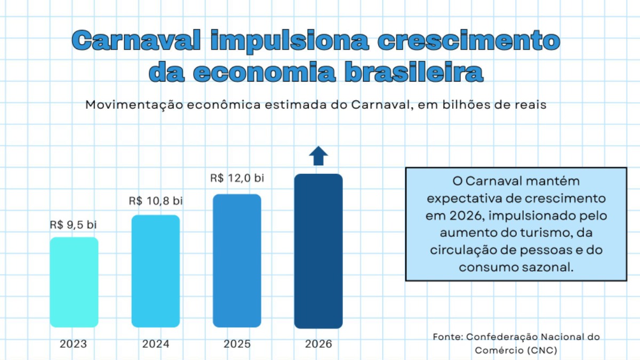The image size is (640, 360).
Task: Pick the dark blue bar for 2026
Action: pos(318,251)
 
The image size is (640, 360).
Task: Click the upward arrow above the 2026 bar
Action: pos(318,155)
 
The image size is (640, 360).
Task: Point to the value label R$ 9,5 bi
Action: pos(74,225)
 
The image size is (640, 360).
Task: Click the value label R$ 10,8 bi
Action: pos(156,202)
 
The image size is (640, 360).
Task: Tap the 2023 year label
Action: pos(74,344)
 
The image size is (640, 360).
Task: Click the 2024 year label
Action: pos(156,344)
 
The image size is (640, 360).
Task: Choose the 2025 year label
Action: pos(237,344)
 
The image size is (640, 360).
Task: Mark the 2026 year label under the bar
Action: pos(318,344)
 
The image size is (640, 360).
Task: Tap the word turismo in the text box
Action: pos(527,233)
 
